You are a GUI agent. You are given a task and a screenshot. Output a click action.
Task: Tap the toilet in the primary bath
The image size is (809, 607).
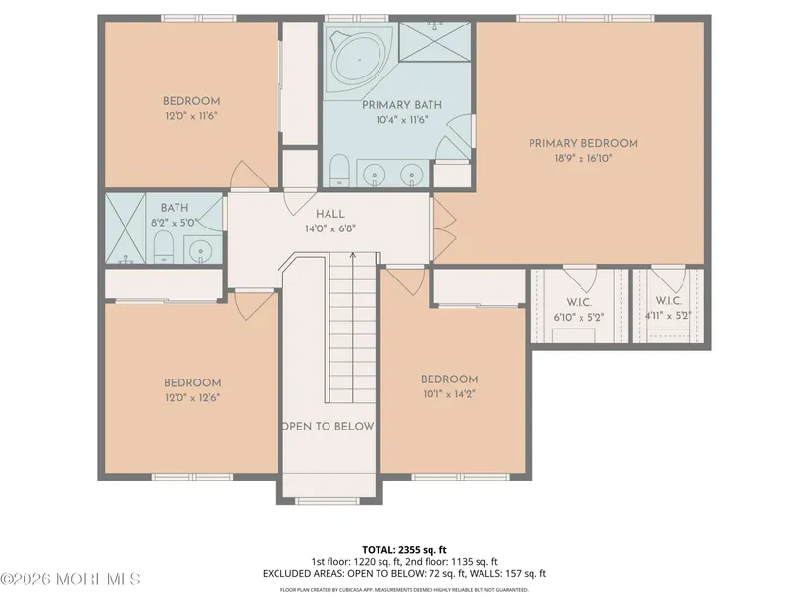pos(339,170)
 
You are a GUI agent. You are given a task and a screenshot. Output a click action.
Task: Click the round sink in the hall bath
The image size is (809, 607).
pos(200,251)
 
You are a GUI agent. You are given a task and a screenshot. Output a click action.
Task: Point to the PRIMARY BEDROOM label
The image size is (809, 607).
pos(583,143)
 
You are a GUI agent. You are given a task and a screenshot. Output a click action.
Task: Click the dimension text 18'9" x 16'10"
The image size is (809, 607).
pos(583,158)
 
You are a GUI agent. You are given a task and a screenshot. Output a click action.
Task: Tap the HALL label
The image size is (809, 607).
pos(330,214)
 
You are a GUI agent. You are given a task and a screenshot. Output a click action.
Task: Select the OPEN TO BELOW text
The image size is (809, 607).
pos(329,426)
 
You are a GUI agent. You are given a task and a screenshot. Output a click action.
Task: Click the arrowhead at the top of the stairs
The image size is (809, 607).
pos(353,254)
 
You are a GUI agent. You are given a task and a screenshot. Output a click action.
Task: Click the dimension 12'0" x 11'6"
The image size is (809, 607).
pos(191,116)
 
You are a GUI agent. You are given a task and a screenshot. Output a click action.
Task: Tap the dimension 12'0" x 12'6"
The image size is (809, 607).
pos(192,397)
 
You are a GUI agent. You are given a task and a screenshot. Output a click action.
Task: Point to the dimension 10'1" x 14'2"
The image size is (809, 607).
pos(448,394)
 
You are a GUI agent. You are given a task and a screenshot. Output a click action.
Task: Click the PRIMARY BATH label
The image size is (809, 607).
pos(402,105)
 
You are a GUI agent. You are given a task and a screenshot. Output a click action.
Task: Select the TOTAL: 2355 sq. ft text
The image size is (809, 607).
pos(404,550)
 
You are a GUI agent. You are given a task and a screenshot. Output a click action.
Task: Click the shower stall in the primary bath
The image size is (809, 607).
pos(434,42)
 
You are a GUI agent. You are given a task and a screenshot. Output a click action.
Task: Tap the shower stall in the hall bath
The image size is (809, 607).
pos(126,228)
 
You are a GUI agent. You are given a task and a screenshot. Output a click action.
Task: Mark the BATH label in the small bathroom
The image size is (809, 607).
pos(175,208)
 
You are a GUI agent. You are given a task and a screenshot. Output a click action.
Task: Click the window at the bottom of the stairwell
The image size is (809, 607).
pos(328,501)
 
